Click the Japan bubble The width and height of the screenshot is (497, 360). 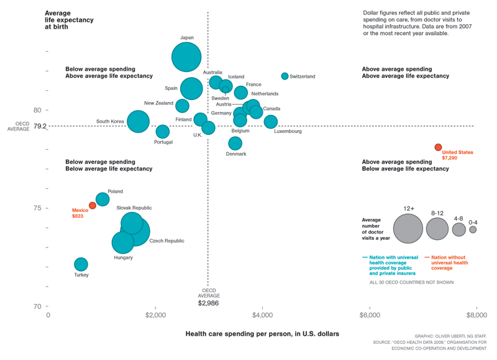tap(186, 57)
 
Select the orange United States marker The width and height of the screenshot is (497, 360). tap(438, 147)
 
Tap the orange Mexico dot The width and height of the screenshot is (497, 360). tap(93, 205)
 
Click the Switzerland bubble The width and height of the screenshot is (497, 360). tap(285, 76)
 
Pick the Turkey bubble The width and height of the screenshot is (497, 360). tap(81, 264)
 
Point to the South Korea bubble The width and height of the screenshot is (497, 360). tap(138, 121)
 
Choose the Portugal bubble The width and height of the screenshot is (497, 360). tap(162, 131)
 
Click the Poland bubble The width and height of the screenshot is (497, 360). tap(103, 200)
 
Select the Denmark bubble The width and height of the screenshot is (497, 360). tap(235, 143)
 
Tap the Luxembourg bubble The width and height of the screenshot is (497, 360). tap(270, 122)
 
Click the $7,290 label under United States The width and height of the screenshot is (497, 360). tap(450, 158)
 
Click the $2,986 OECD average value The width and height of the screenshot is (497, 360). tap(209, 303)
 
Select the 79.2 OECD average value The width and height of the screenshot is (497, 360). tap(40, 126)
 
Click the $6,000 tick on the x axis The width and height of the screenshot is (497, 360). tap(370, 315)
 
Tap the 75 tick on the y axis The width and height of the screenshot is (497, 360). tap(37, 208)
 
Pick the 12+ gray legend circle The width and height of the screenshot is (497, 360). tap(408, 228)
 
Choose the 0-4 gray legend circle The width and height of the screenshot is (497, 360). tap(473, 229)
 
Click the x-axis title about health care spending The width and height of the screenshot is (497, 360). tap(262, 334)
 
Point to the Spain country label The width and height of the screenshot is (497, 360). tap(171, 88)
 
